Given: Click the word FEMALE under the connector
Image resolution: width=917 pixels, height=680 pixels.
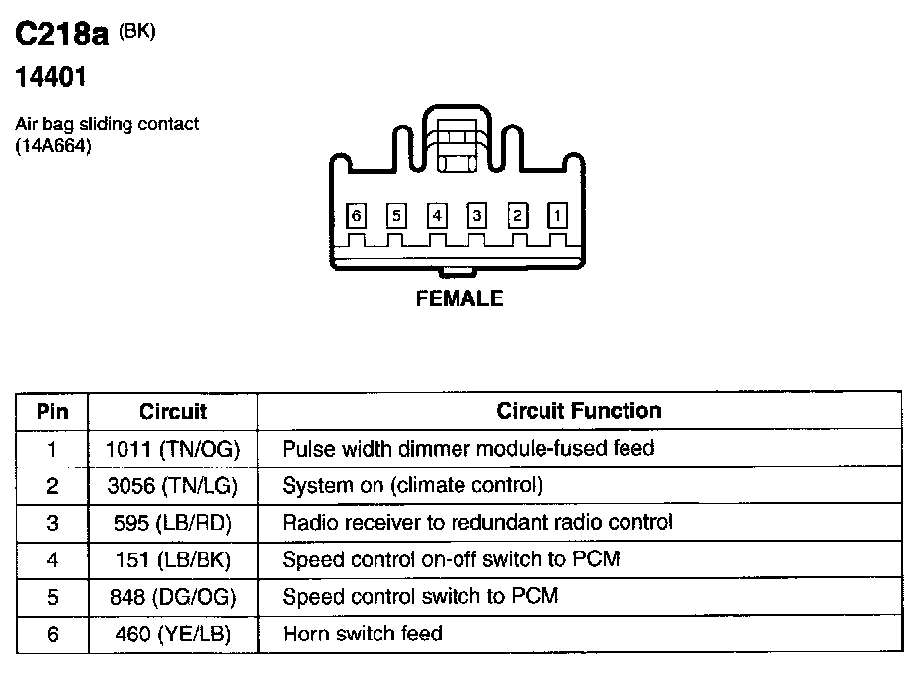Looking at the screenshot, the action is (459, 298).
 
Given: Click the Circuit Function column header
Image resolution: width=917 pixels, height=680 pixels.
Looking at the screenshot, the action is (578, 410).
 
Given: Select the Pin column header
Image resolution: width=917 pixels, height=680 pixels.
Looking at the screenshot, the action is (52, 411).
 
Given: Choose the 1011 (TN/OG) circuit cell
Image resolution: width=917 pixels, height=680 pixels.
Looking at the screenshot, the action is (173, 448).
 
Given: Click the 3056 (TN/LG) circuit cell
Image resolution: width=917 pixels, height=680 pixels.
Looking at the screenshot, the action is (173, 485).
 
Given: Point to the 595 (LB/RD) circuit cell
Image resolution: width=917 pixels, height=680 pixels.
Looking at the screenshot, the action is (173, 522).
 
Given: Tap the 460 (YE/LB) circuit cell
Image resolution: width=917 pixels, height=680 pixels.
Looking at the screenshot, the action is (173, 634).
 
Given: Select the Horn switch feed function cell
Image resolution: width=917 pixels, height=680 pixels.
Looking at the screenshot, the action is (362, 634).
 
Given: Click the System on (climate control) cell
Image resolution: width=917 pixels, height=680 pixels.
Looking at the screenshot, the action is (413, 485).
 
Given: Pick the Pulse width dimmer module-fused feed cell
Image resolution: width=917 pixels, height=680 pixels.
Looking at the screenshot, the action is (468, 448).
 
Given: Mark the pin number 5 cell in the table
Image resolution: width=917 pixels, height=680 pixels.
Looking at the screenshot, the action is (52, 596).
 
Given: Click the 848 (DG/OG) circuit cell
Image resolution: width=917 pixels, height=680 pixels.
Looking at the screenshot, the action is (173, 596).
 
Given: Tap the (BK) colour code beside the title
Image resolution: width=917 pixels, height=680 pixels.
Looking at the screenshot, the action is (136, 31).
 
